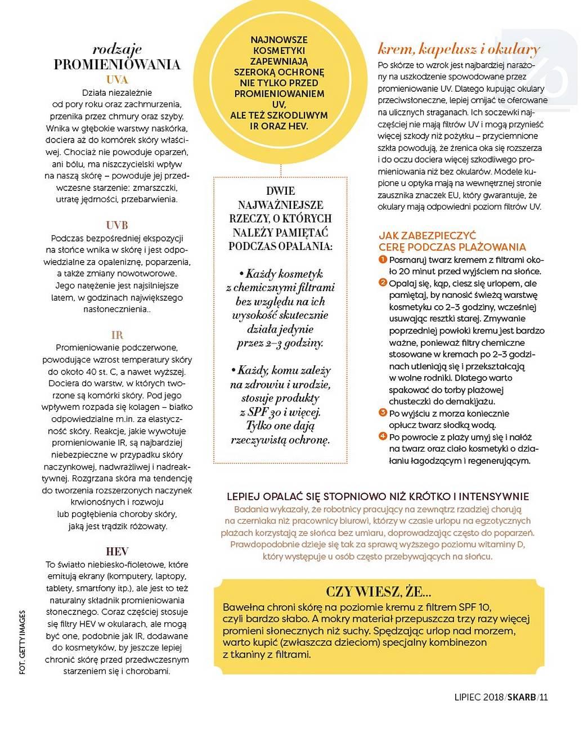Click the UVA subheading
(x=117, y=79)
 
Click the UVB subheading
(x=117, y=225)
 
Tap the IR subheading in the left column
(x=117, y=335)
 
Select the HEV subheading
(x=117, y=551)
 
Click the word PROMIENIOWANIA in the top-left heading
(x=117, y=64)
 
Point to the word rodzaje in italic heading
(x=117, y=49)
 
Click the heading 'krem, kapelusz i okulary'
(x=459, y=49)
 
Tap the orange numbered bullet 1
(x=383, y=259)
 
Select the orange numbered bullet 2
(x=383, y=283)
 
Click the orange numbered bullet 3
(x=383, y=413)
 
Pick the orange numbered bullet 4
(x=383, y=436)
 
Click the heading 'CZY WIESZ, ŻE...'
(x=379, y=592)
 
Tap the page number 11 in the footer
(x=543, y=697)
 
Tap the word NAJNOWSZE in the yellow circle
(x=280, y=41)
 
